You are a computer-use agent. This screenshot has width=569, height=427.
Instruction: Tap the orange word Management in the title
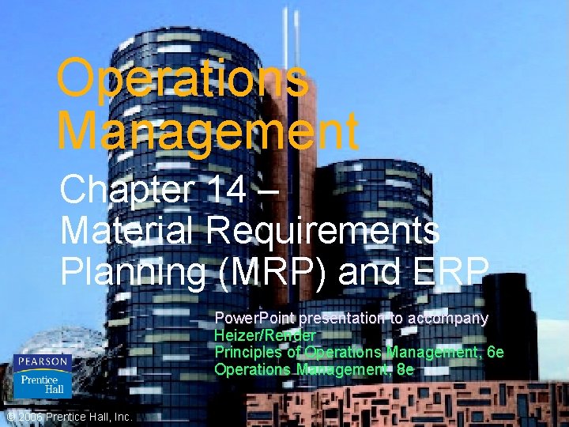pyautogui.click(x=208, y=130)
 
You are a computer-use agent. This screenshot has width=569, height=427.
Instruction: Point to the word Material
pyautogui.click(x=130, y=231)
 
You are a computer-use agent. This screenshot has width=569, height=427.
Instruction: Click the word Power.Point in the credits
pyautogui.click(x=254, y=319)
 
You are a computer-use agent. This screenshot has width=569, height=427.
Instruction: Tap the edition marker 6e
pyautogui.click(x=494, y=352)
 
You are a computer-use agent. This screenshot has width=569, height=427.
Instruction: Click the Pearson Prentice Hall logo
pyautogui.click(x=42, y=376)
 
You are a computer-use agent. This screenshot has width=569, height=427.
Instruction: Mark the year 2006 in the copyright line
pyautogui.click(x=30, y=417)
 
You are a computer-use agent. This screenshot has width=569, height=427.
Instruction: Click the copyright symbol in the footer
pyautogui.click(x=9, y=417)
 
